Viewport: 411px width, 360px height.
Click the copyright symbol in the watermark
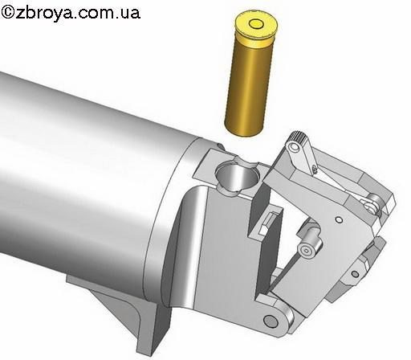[7, 12]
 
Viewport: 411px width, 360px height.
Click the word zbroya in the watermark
[43, 13]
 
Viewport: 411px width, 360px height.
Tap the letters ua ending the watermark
[131, 14]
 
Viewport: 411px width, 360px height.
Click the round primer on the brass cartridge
[256, 24]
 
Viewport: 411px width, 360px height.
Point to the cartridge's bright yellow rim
[256, 26]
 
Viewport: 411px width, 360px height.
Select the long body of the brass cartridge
[248, 86]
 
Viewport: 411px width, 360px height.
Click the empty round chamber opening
[238, 176]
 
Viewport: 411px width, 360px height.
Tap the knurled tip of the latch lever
[299, 136]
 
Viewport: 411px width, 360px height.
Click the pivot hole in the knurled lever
[294, 146]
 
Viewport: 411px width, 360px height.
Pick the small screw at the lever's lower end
[315, 169]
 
